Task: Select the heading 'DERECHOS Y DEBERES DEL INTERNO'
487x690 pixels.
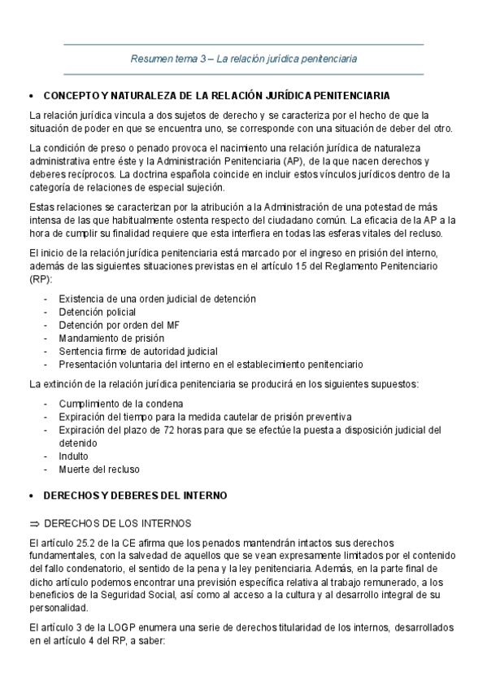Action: (135, 495)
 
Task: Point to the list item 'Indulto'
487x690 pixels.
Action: (73, 456)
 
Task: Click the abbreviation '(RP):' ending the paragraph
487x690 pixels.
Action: (40, 278)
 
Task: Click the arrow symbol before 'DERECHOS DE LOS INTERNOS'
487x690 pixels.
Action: (34, 522)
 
